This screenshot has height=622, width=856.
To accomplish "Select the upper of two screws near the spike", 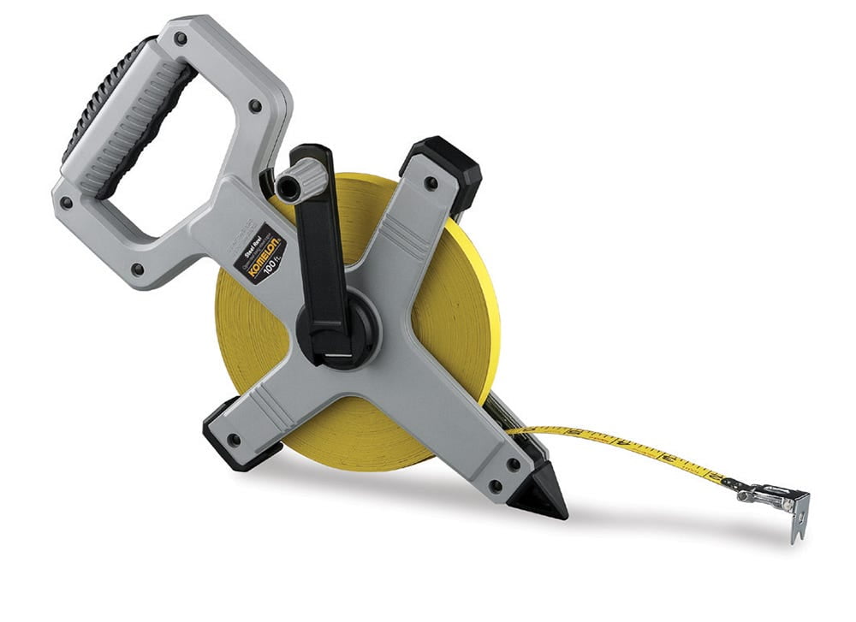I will [513, 465].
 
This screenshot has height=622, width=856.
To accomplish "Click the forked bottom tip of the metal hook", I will [795, 536].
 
